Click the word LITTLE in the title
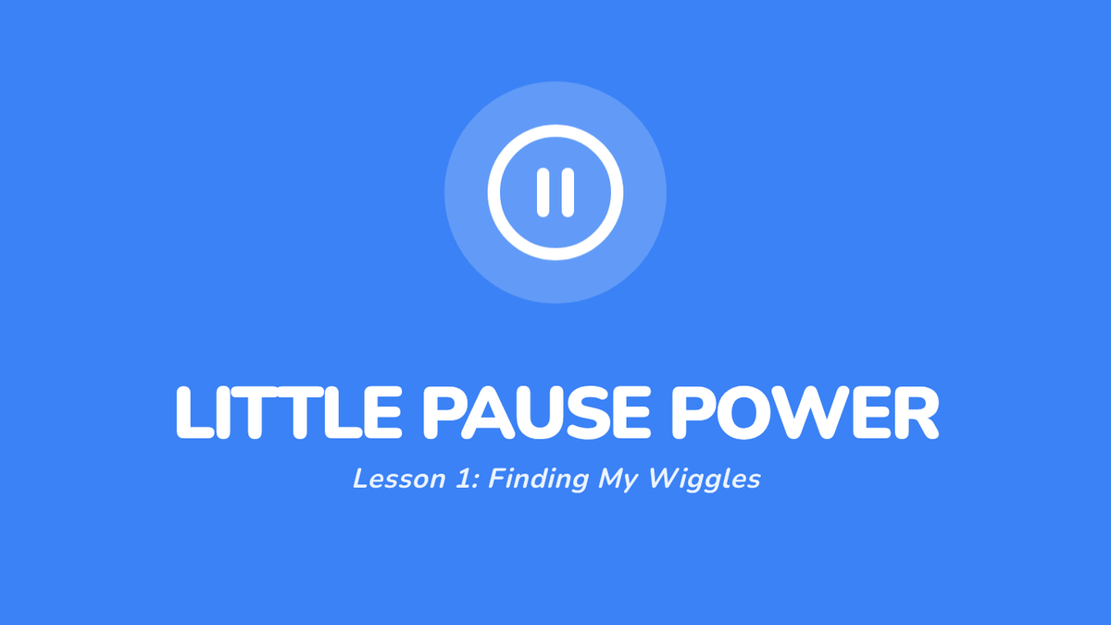(x=289, y=413)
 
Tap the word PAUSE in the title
(x=536, y=413)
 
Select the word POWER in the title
(x=805, y=413)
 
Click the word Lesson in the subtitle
(x=399, y=480)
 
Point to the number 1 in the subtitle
(x=463, y=480)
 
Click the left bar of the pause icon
(x=543, y=193)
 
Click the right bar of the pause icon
(x=568, y=193)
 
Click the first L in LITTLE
(x=195, y=413)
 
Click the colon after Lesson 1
(x=477, y=482)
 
